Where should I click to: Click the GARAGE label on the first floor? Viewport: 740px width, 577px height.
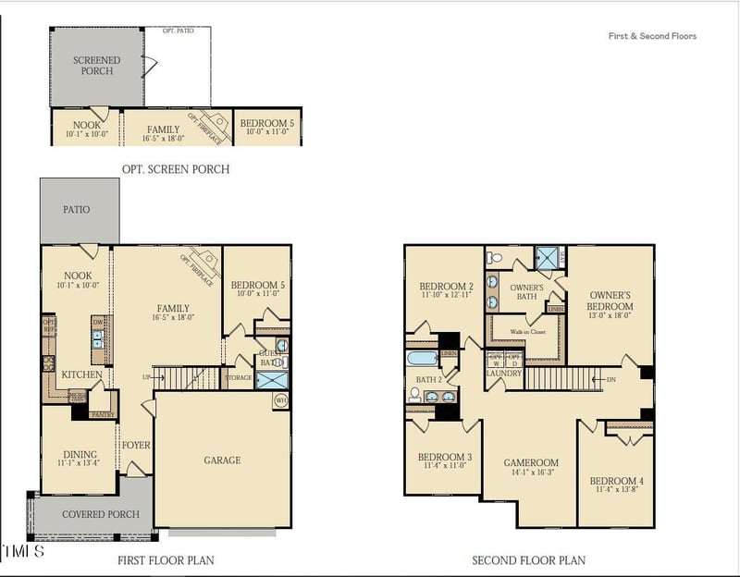222,460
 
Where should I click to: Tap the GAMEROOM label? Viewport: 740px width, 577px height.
531,462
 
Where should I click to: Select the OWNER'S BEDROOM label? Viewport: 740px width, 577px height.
610,301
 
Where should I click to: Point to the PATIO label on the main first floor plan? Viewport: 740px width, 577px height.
77,210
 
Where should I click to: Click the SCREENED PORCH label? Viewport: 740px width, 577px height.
97,66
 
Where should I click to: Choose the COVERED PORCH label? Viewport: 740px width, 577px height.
101,514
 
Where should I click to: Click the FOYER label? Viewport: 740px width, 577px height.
136,446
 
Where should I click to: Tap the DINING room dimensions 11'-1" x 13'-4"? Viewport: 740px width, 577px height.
79,464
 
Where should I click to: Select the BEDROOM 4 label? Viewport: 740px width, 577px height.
615,481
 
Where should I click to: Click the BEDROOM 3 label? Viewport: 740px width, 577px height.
444,457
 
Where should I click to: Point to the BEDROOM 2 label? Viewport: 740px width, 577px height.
446,286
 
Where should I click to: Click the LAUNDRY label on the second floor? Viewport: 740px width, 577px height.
504,374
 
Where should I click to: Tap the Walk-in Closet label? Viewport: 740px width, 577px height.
524,331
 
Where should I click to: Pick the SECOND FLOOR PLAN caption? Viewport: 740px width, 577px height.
528,560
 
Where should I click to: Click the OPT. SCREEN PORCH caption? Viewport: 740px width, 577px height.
176,169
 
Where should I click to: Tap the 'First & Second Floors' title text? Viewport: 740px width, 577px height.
652,36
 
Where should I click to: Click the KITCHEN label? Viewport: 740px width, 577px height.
81,374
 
